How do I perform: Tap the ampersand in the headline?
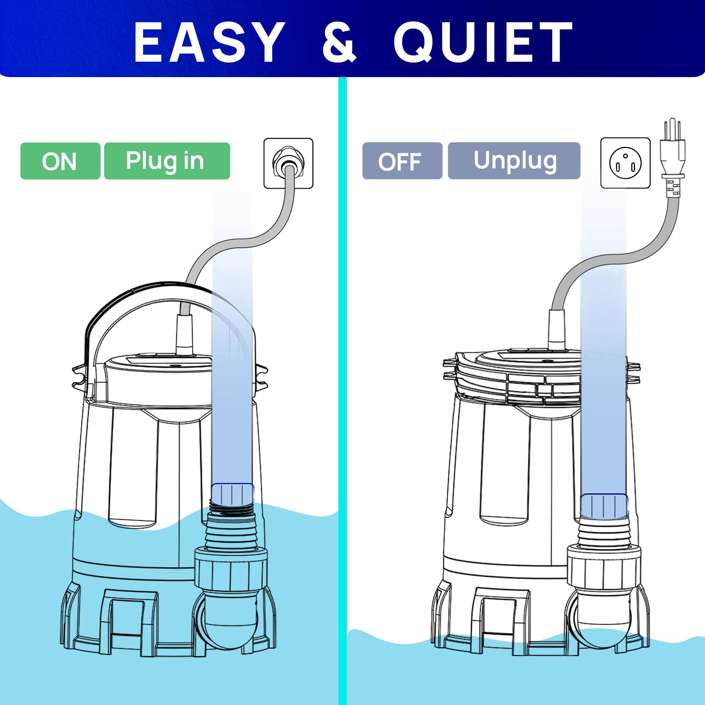pyautogui.click(x=339, y=42)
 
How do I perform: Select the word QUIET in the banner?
pyautogui.click(x=482, y=42)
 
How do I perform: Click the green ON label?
pyautogui.click(x=60, y=161)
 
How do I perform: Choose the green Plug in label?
pyautogui.click(x=167, y=161)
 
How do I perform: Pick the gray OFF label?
pyautogui.click(x=402, y=161)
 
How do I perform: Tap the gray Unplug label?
pyautogui.click(x=514, y=161)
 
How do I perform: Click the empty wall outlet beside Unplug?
pyautogui.click(x=625, y=163)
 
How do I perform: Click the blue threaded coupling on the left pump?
pyautogui.click(x=233, y=494)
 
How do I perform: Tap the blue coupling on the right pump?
pyautogui.click(x=604, y=506)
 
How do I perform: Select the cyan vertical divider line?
pyautogui.click(x=342, y=391)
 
